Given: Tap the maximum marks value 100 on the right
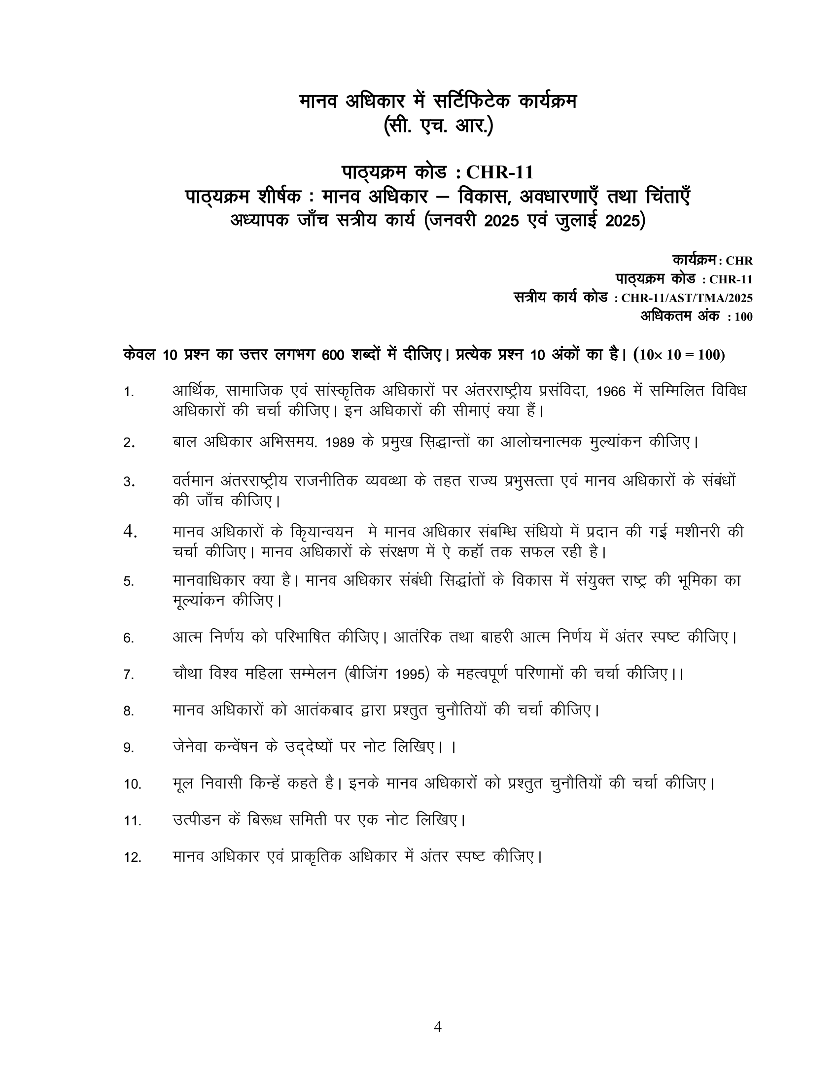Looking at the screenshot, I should [743, 317].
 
